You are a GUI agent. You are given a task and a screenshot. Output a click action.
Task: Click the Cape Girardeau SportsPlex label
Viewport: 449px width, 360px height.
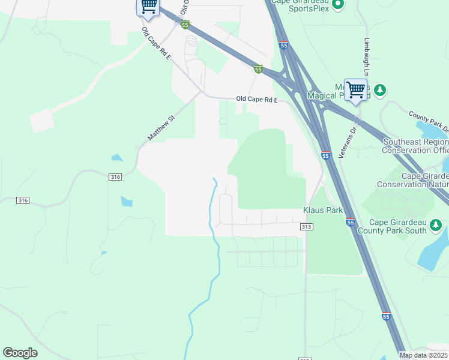pos(300,5)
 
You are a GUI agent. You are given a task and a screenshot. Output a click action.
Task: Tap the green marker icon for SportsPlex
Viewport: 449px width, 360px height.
pos(338,5)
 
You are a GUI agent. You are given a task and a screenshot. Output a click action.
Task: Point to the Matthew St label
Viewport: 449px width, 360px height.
pos(160,129)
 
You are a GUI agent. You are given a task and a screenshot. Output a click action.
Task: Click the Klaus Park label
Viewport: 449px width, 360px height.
pos(322,211)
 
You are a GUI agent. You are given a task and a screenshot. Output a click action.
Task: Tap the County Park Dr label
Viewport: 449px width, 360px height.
pos(429,120)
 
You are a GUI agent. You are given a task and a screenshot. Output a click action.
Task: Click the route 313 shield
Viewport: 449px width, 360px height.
pos(306,227)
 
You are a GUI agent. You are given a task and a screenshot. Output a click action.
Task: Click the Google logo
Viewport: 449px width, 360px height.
pos(20,353)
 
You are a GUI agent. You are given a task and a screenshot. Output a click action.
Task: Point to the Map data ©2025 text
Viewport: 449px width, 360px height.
pos(423,355)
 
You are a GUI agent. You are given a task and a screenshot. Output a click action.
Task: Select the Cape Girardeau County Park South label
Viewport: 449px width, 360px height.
pos(392,226)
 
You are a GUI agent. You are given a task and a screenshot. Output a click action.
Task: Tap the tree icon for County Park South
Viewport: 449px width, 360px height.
pos(436,226)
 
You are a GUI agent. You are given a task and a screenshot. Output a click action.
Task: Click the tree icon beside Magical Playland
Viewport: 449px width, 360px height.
pos(379,91)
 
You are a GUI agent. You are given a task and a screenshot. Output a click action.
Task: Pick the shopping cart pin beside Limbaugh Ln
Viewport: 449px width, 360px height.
pos(355,90)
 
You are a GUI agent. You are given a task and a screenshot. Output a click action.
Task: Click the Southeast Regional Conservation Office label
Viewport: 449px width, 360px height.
pos(415,146)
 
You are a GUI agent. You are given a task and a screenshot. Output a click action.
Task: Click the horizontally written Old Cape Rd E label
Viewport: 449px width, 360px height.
pos(257,99)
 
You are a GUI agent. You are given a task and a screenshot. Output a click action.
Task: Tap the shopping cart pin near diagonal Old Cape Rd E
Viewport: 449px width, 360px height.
pos(148,6)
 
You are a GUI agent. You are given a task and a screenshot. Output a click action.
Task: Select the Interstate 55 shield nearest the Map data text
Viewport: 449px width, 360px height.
pos(385,316)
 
